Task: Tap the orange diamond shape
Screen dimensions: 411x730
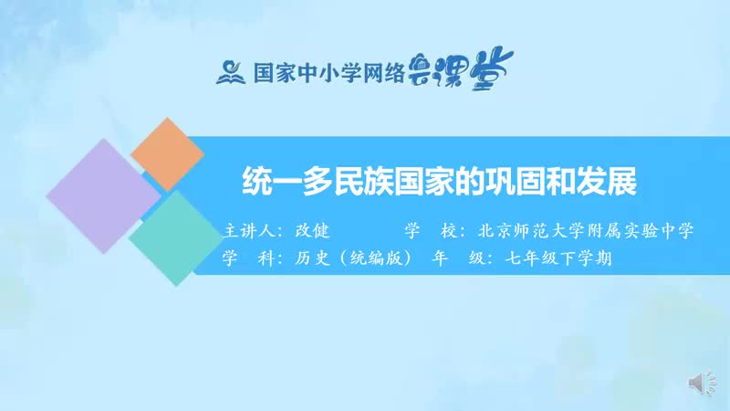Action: (167, 153)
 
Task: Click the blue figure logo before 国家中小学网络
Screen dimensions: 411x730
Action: (230, 70)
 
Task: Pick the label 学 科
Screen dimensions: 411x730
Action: (248, 258)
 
